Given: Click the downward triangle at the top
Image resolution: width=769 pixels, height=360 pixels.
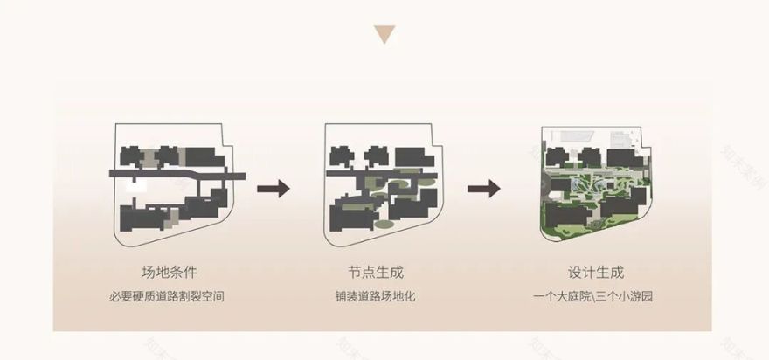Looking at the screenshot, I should pyautogui.click(x=384, y=35).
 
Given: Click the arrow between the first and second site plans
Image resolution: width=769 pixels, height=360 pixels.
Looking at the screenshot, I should pyautogui.click(x=273, y=188).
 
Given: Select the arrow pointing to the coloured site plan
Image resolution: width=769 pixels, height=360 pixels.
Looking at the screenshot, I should pyautogui.click(x=482, y=188).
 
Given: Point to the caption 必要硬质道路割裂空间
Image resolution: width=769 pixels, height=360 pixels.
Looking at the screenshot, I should pyautogui.click(x=174, y=296).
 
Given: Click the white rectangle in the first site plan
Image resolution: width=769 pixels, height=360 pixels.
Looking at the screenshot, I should pyautogui.click(x=134, y=185).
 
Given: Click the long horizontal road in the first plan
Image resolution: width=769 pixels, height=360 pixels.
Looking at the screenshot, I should pyautogui.click(x=175, y=175).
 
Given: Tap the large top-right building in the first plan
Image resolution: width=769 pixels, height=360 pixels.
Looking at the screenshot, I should pyautogui.click(x=207, y=156).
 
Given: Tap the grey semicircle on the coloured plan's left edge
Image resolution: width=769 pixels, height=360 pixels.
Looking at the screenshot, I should pyautogui.click(x=545, y=186).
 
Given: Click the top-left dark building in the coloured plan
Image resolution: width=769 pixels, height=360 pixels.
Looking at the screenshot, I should pyautogui.click(x=557, y=157).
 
